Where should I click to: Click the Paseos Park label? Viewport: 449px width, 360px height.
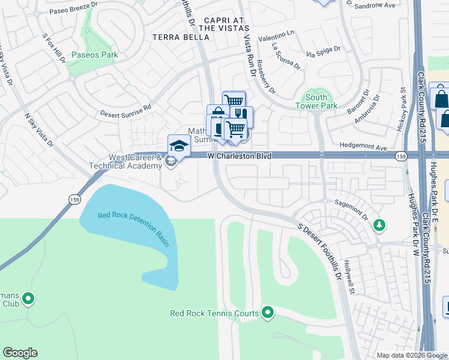(94, 55)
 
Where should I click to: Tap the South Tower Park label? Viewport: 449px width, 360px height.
(316, 101)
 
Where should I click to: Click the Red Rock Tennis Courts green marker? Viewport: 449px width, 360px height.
(268, 313)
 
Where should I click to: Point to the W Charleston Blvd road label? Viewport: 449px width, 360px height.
(240, 156)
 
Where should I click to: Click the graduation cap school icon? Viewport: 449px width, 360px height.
(178, 146)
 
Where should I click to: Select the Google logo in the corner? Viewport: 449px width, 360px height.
(20, 353)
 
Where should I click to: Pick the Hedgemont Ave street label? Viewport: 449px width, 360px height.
(363, 147)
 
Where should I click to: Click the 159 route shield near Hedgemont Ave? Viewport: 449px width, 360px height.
(400, 156)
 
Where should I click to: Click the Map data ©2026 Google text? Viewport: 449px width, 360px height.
(412, 355)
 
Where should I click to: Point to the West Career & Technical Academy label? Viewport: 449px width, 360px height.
(126, 162)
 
